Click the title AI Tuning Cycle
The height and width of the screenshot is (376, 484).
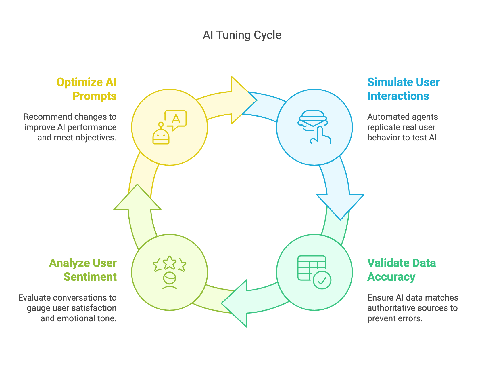point(242,35)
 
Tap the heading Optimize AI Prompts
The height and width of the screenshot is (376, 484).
point(87,89)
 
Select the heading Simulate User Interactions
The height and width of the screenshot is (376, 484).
point(403,89)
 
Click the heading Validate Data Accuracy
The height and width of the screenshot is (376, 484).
point(401,270)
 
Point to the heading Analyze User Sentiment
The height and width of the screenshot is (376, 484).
point(83,270)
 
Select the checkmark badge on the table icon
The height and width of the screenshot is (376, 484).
point(322,280)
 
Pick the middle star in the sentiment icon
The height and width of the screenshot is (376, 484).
point(170,262)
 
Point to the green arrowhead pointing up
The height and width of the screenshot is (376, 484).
point(137,199)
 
